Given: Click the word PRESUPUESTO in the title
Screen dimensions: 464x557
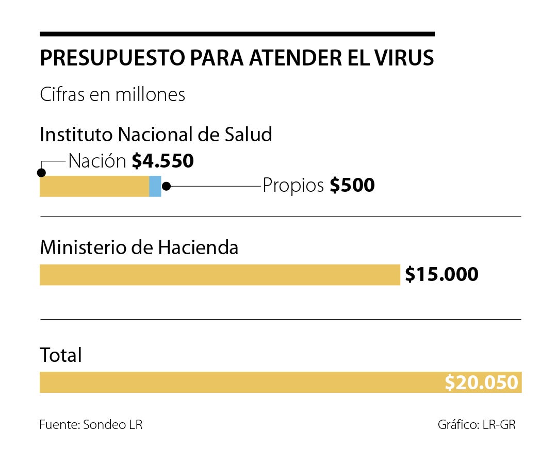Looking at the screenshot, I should tap(112, 58).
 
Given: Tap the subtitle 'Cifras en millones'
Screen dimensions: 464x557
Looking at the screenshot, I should tap(112, 95).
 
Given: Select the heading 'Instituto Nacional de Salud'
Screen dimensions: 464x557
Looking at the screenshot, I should tap(156, 135).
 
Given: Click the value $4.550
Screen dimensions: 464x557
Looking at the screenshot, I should tap(162, 161).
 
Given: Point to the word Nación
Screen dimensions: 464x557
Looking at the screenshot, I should tap(97, 161).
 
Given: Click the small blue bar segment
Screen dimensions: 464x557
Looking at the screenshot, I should tap(155, 186).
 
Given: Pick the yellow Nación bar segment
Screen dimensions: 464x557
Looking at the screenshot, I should tap(94, 186).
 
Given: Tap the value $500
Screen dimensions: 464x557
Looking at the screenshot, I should tap(352, 186).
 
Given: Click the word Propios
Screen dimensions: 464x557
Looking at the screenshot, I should tap(293, 186).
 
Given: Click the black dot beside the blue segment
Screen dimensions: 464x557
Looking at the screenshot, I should tap(166, 186).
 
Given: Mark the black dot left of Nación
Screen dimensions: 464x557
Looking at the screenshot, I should tap(42, 172).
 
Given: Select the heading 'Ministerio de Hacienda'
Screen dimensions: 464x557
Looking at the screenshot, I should tap(139, 248).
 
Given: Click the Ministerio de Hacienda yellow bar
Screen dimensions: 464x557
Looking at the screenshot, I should tap(220, 275).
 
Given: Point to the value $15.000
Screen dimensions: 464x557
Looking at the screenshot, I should tap(441, 274).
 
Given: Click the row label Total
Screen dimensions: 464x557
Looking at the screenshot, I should tap(61, 355).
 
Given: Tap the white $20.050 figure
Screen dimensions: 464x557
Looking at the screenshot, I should tap(481, 383).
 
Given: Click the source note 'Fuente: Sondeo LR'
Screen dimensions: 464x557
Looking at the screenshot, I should tap(91, 425).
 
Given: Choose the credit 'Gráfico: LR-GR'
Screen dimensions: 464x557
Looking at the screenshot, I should tap(477, 425).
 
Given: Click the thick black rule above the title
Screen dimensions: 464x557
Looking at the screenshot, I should tap(237, 34).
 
